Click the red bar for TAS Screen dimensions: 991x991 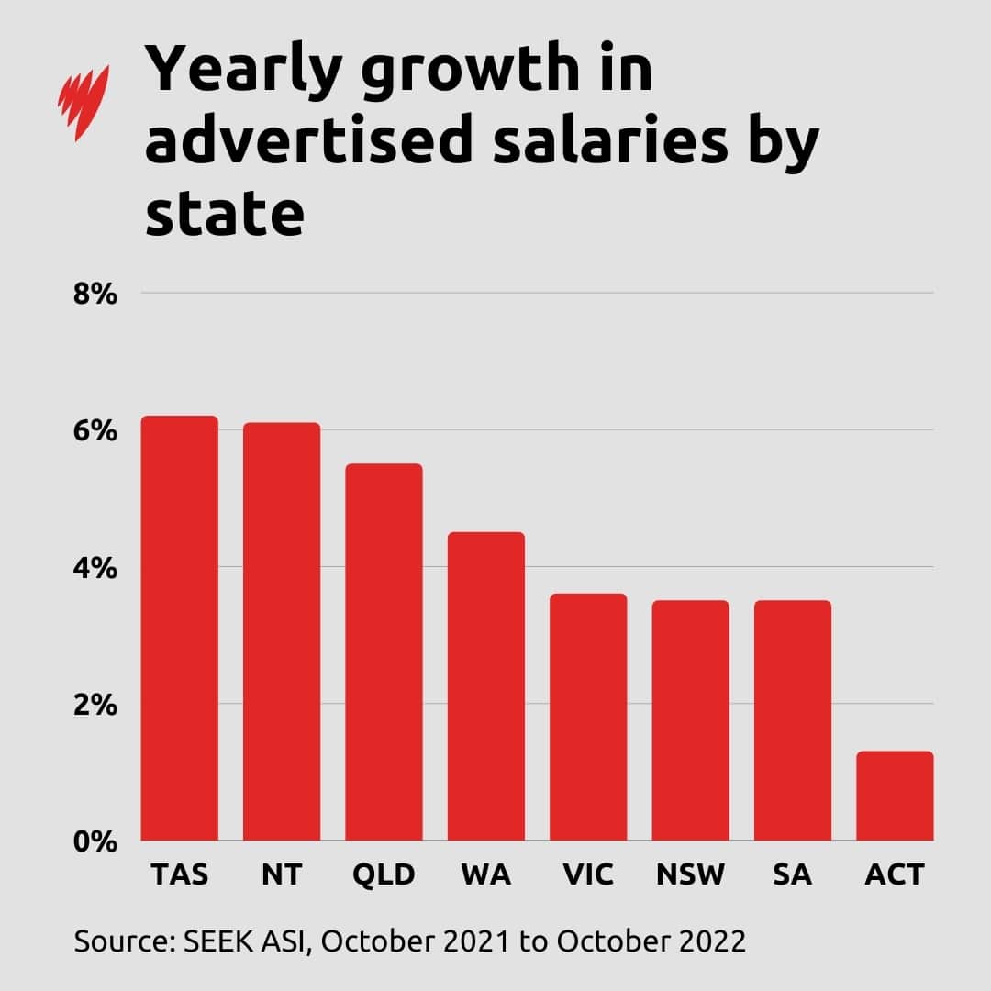tap(179, 629)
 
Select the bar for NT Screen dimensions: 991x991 tap(282, 631)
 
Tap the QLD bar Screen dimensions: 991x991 tap(384, 651)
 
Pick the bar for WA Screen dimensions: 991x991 tap(486, 686)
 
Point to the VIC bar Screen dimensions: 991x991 tap(588, 717)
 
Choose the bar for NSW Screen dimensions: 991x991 tap(691, 720)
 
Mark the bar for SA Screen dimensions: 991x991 tap(793, 720)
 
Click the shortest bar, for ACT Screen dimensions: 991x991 tap(895, 796)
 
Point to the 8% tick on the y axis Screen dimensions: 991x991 tap(95, 295)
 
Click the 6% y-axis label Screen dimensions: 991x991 tap(95, 431)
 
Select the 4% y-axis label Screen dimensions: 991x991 tap(95, 568)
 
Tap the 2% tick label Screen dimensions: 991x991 tap(95, 705)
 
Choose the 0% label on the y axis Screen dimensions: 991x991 tap(95, 841)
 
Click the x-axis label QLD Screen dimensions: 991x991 tap(384, 875)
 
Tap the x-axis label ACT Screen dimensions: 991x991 tap(895, 875)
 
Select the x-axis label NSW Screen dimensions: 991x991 tap(691, 875)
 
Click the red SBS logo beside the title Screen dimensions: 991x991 tap(84, 102)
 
